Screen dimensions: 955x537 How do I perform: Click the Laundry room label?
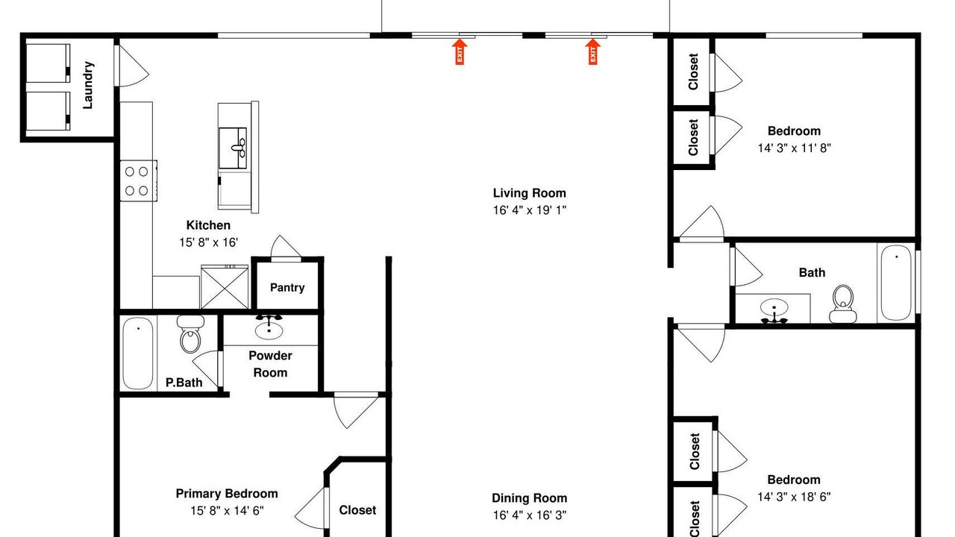[x=88, y=85]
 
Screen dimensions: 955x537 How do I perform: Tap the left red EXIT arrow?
[x=460, y=51]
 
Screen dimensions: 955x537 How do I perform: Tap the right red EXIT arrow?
[x=592, y=51]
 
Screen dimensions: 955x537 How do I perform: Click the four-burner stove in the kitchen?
[x=139, y=180]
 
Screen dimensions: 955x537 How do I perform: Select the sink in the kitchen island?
[x=233, y=148]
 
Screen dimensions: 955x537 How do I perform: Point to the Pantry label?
[x=287, y=288]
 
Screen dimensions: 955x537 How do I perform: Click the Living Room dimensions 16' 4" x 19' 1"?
[x=530, y=210]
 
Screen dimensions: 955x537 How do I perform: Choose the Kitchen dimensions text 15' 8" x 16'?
[x=208, y=242]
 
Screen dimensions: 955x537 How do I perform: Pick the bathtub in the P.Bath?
[x=138, y=353]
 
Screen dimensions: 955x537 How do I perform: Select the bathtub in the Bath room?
[x=896, y=283]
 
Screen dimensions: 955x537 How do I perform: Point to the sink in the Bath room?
[x=774, y=310]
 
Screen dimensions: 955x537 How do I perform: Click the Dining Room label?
[x=530, y=498]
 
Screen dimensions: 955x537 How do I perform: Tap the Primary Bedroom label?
[x=227, y=494]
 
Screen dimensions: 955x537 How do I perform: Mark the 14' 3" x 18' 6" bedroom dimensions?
[x=795, y=497]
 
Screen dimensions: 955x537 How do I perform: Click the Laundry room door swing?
[x=133, y=66]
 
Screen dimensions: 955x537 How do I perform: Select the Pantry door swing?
[x=286, y=247]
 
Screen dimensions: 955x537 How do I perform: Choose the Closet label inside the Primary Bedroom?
[x=357, y=510]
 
